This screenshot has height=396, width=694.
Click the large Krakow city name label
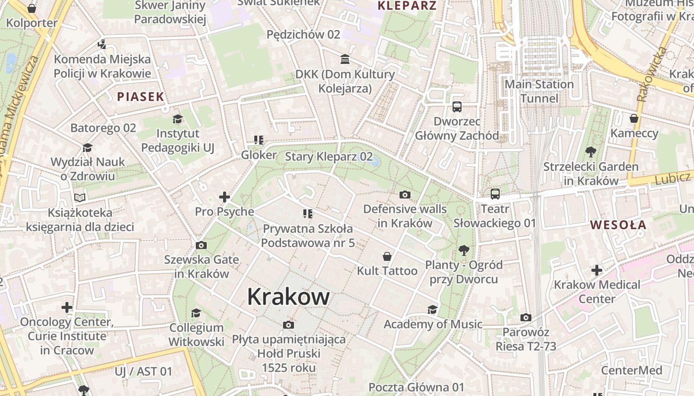point(288,297)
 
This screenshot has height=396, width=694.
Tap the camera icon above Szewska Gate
point(201,245)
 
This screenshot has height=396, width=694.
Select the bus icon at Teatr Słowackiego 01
point(495,194)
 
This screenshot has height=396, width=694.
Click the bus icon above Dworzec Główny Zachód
point(457,106)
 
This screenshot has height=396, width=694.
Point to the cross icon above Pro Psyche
point(225,197)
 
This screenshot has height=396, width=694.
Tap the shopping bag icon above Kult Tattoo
point(387,256)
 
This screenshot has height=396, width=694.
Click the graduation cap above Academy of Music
point(433,310)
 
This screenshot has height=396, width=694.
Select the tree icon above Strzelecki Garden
point(590,151)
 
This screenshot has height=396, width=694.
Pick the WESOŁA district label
point(618,225)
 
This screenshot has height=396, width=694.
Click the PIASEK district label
point(140,97)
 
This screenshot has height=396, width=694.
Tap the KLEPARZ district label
point(407,6)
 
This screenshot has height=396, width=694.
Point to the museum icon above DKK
point(345,59)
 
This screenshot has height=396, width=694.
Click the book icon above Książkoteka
point(80,198)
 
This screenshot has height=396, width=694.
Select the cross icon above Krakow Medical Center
point(597,270)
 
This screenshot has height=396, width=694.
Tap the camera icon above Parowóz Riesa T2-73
point(526,317)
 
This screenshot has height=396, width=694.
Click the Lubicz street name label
point(672,178)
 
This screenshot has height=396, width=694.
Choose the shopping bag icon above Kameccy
point(634,118)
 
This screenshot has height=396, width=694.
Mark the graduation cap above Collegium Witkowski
point(196,313)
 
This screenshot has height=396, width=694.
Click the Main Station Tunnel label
point(539,91)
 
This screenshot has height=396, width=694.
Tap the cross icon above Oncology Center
point(67,307)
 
